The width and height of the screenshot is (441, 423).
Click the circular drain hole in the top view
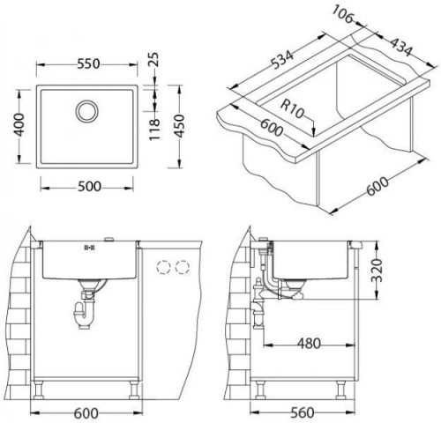(88, 112)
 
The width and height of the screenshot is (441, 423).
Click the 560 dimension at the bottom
(307, 411)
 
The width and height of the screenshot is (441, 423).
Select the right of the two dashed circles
(184, 267)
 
